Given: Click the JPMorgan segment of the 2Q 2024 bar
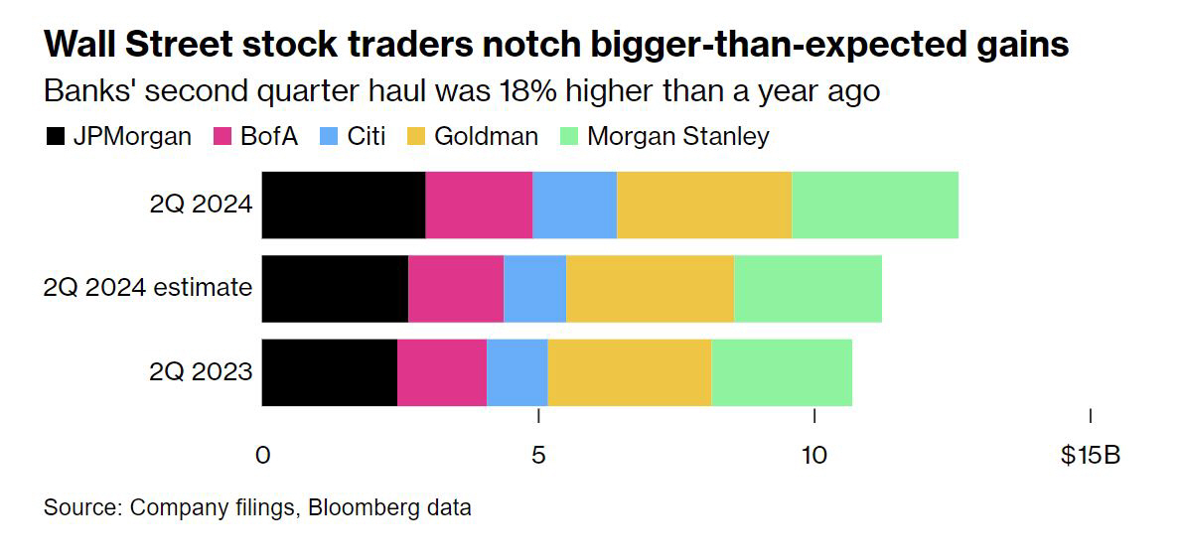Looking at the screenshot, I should click(x=344, y=205).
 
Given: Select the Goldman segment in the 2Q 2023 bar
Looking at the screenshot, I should click(x=629, y=372).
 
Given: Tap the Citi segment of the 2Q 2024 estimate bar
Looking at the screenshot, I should click(x=534, y=288).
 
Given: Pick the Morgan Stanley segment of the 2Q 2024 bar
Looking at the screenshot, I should click(x=875, y=205).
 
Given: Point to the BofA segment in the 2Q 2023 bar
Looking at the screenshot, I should click(x=442, y=372).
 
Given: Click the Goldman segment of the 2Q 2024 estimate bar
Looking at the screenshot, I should click(x=650, y=288).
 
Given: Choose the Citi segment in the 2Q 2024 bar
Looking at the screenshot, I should click(x=574, y=205).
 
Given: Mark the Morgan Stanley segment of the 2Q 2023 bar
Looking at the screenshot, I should click(x=782, y=372).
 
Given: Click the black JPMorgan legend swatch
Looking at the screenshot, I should click(x=56, y=137).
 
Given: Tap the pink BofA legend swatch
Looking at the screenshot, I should click(x=222, y=137).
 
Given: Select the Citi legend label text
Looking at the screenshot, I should click(x=366, y=136).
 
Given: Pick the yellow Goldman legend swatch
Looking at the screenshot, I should click(x=416, y=137).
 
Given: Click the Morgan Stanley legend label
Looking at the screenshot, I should click(x=677, y=136).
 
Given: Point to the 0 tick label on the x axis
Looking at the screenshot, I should click(x=262, y=455).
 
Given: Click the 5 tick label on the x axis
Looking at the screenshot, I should click(x=538, y=455).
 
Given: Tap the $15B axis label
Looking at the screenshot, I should click(x=1090, y=455).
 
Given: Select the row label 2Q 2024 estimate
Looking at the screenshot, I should click(x=147, y=288).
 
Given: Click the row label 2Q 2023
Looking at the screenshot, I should click(x=201, y=372).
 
